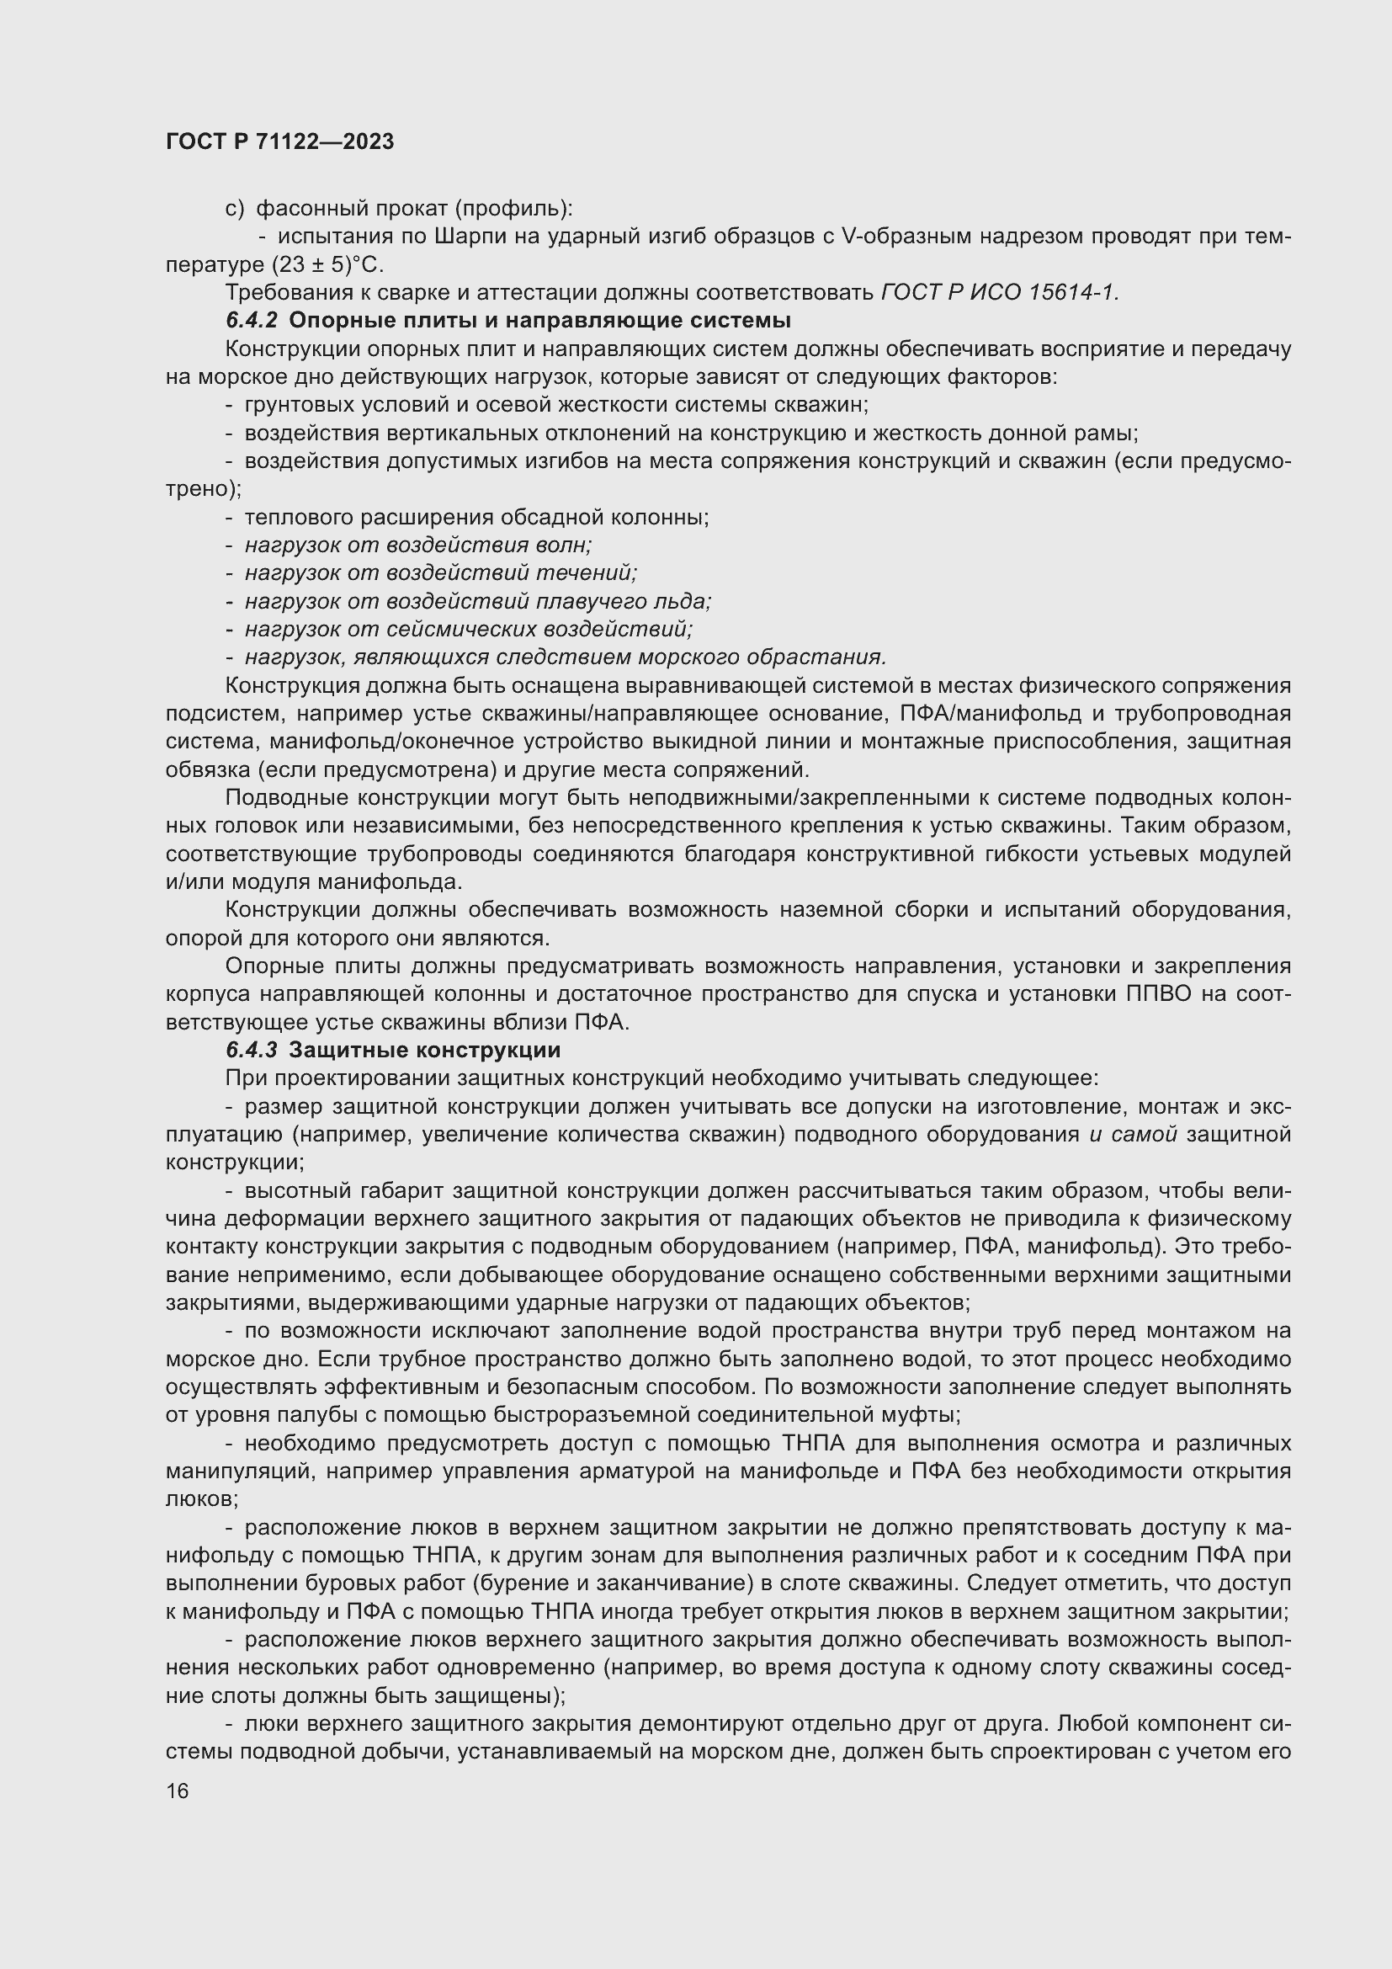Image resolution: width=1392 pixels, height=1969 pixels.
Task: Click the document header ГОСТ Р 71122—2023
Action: point(279,141)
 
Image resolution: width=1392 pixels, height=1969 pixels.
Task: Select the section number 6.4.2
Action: point(251,321)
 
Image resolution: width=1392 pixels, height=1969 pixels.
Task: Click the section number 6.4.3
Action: point(251,1050)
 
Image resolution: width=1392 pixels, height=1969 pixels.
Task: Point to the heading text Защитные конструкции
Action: point(424,1050)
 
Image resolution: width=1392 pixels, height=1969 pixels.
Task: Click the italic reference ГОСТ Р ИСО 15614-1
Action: point(1000,292)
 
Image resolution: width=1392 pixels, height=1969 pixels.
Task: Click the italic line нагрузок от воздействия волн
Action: point(418,545)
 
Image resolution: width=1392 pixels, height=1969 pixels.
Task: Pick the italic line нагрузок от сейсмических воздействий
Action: point(468,629)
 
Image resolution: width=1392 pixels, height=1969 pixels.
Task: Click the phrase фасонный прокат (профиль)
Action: point(415,209)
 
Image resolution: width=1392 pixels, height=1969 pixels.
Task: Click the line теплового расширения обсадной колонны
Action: point(476,517)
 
